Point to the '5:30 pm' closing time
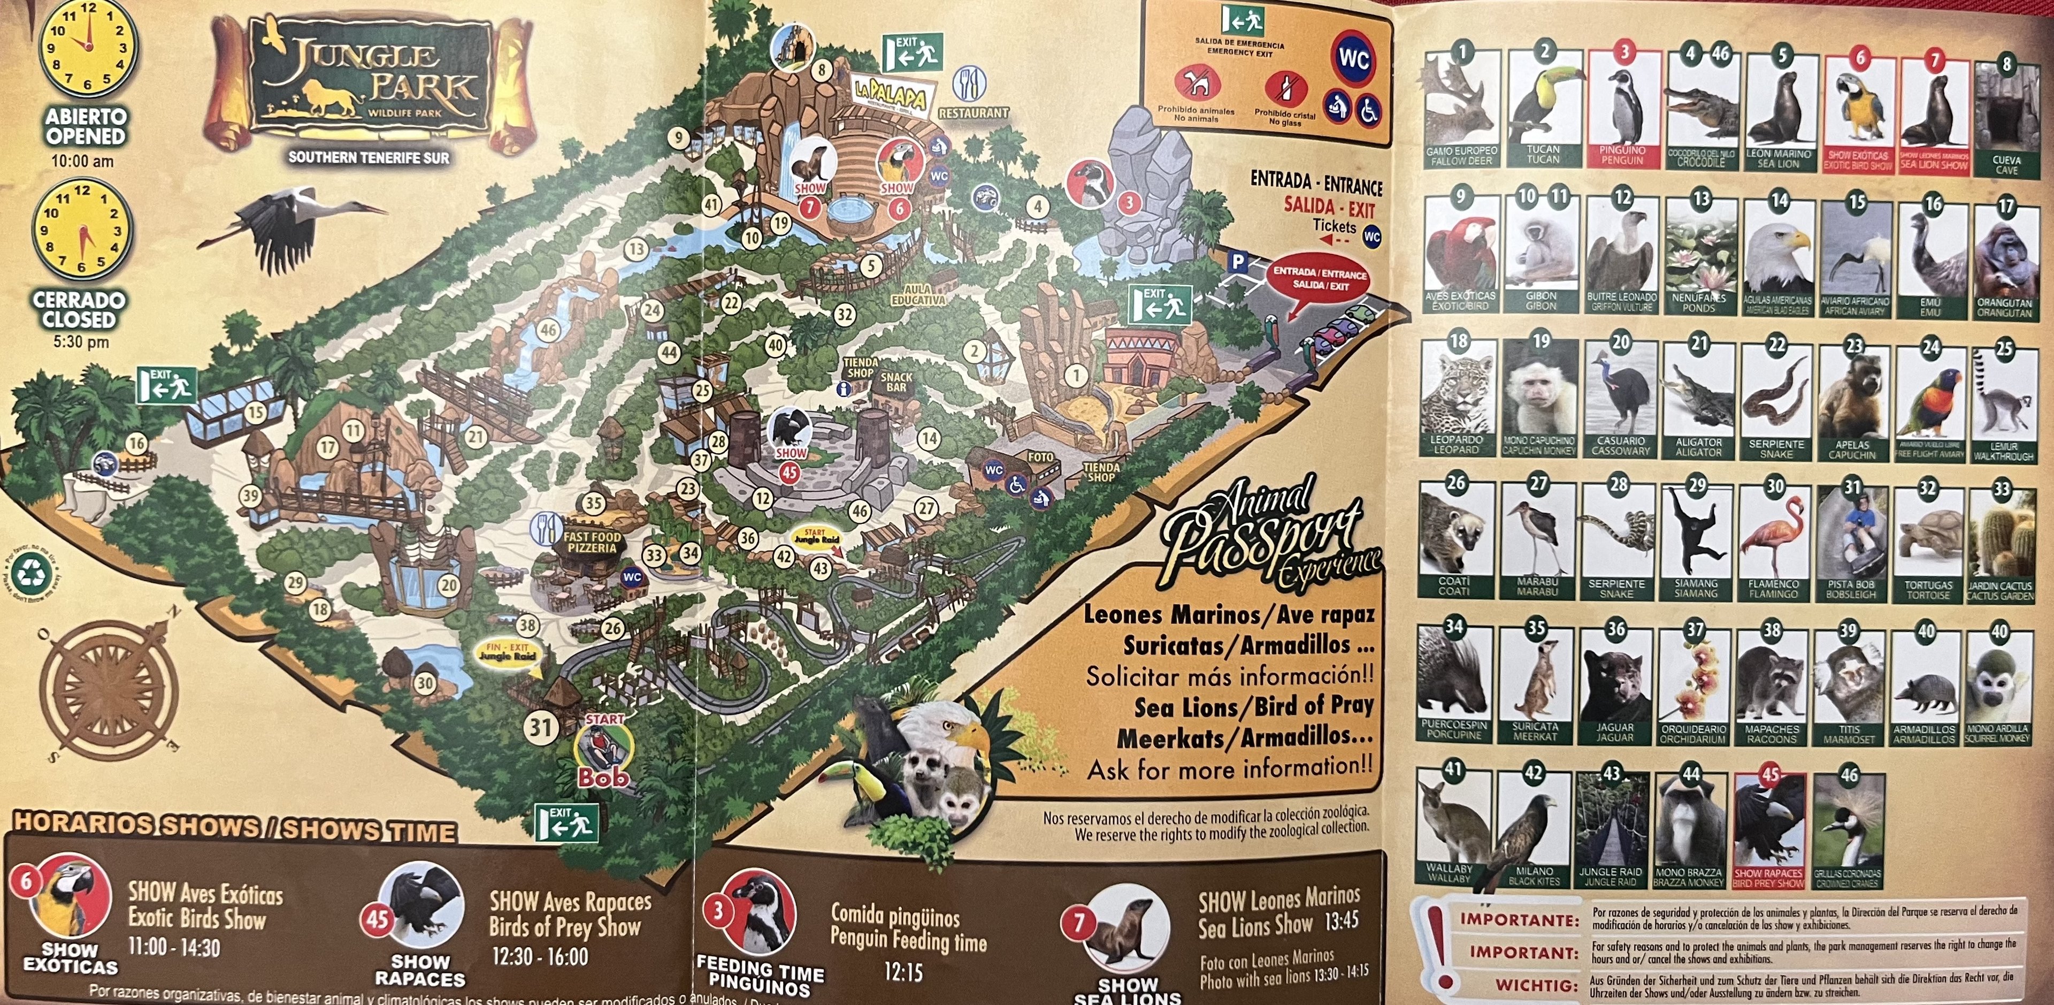tap(80, 342)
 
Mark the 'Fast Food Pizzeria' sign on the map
tap(592, 543)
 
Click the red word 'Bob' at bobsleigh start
tap(603, 777)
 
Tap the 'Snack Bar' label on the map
tap(896, 382)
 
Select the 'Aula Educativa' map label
tap(918, 294)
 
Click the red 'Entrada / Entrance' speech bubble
tap(1319, 278)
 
